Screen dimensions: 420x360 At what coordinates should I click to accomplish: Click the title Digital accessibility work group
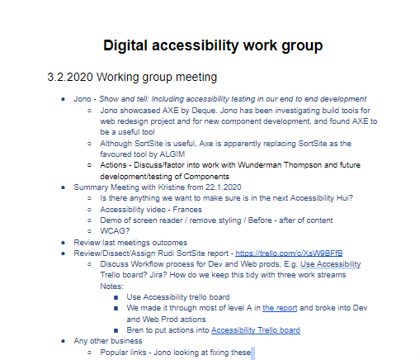click(212, 45)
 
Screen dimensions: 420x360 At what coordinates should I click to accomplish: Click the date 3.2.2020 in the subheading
click(69, 78)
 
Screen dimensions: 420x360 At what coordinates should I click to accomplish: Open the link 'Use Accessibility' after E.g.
click(330, 264)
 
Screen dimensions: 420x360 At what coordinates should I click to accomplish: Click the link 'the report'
click(279, 308)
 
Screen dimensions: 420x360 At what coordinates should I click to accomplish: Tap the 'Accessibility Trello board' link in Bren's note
click(255, 329)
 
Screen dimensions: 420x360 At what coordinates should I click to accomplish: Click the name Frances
click(181, 210)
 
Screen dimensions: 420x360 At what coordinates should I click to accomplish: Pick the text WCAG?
click(112, 231)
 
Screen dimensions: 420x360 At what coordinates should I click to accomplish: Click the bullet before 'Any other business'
click(64, 341)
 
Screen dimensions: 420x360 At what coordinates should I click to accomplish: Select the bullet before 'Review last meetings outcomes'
click(64, 243)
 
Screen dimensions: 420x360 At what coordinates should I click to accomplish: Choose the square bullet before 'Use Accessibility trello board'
click(118, 297)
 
